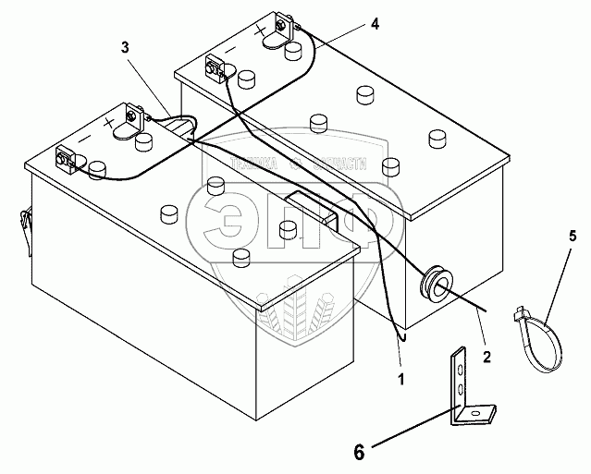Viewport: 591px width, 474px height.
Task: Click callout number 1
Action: click(401, 378)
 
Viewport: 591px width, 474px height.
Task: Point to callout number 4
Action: click(374, 24)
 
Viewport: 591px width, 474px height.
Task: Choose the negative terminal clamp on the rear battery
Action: click(216, 68)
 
